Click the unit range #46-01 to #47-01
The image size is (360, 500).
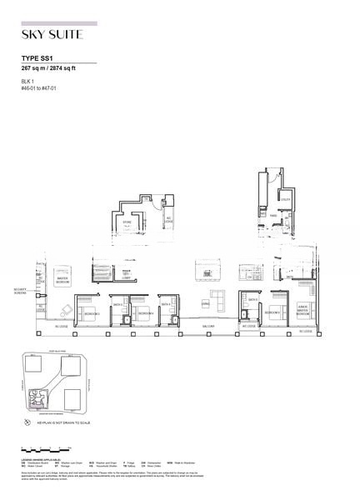tap(39, 85)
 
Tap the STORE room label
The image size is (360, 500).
tap(127, 223)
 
